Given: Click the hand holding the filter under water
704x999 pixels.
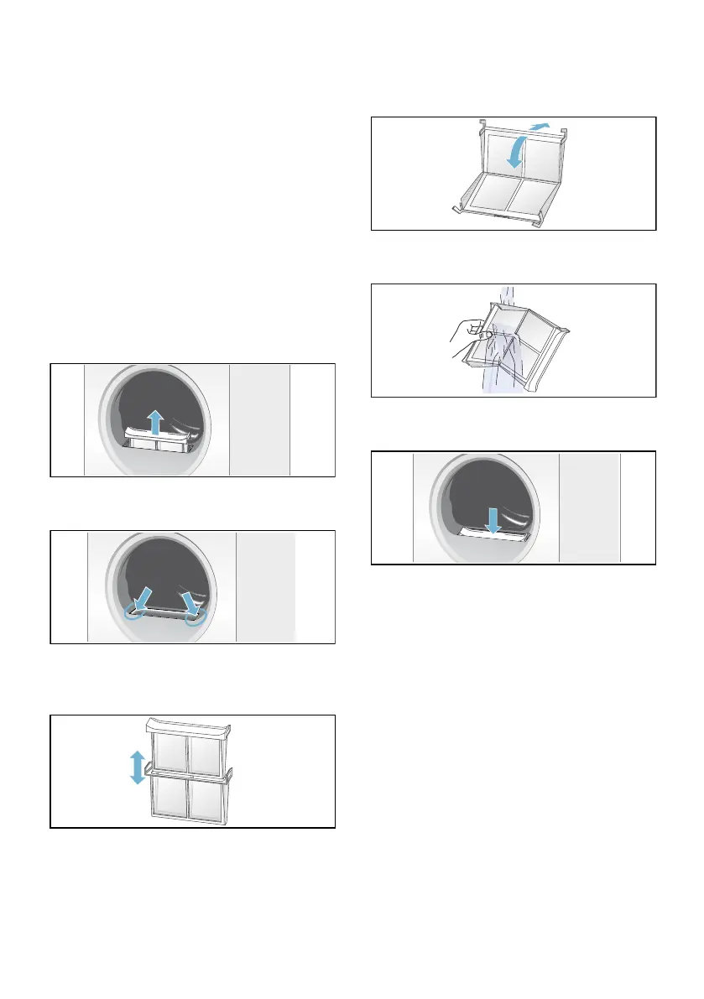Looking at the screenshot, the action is (x=463, y=340).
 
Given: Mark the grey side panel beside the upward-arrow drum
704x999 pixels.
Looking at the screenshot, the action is (x=259, y=419).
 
